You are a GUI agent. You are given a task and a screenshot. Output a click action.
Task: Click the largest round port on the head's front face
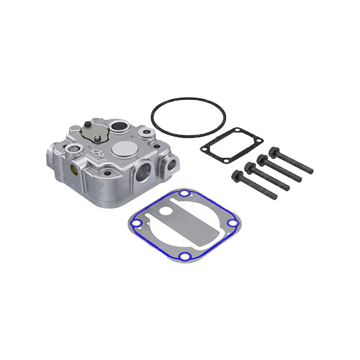[x=144, y=168]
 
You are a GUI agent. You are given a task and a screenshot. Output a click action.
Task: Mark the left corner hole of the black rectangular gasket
[x=204, y=148]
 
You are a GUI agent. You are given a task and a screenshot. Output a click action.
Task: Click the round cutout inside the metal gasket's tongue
[x=166, y=211]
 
